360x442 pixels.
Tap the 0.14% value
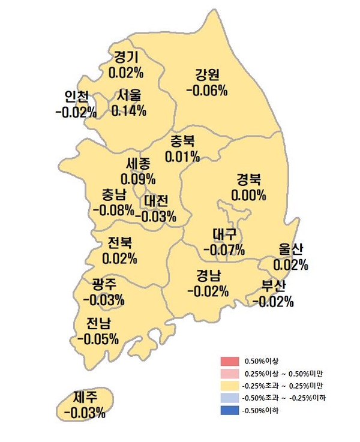pos(129,112)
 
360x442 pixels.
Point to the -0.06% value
pos(207,91)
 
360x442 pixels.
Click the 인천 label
pos(77,97)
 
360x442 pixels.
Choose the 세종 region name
pos(139,163)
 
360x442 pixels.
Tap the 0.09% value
pos(138,179)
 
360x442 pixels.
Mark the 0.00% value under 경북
pos(248,196)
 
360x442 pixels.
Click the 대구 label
pos(225,233)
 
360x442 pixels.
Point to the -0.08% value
pos(113,210)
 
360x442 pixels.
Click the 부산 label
pos(274,285)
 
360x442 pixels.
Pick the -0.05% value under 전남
pos(98,339)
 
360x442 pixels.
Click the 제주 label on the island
pos(85,397)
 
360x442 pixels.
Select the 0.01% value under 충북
pos(183,157)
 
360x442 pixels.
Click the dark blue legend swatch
pos(230,411)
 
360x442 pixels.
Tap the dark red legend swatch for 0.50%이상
pos(230,361)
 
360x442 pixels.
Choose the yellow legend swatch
pos(230,386)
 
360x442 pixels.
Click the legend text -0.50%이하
pos(262,411)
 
